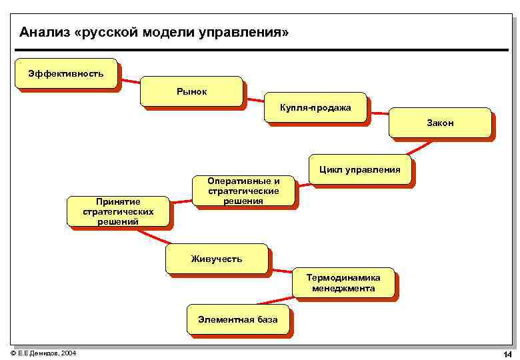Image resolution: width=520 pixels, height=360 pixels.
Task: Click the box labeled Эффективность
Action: pos(65,73)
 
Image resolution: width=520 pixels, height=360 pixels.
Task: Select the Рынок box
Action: pos(191,91)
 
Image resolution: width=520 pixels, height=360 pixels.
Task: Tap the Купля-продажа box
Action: pos(315,107)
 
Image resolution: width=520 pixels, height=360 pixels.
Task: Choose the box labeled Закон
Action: pos(440,123)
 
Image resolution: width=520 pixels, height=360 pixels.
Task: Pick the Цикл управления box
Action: pos(360,170)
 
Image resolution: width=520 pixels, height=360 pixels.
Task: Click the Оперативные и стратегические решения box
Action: pos(243,191)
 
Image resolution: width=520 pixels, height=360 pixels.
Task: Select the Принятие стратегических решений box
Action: pos(118,211)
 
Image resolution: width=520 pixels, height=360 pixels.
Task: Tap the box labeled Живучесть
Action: pos(217,259)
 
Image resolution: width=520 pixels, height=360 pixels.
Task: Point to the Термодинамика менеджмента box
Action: pos(343,283)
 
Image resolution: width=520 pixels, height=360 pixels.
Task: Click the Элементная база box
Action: pos(238,320)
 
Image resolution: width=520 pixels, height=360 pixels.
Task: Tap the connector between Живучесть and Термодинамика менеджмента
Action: pos(280,271)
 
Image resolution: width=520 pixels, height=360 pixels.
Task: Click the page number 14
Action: pos(507,353)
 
